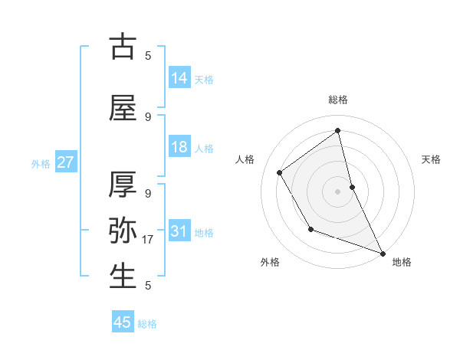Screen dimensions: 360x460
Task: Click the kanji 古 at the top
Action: click(x=123, y=47)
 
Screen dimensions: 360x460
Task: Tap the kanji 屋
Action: click(x=123, y=108)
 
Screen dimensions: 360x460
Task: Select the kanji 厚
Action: click(x=123, y=185)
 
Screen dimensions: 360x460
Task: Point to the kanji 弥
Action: click(x=123, y=231)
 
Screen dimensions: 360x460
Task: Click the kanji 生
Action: click(x=123, y=277)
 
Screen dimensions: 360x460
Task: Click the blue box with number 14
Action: click(x=179, y=78)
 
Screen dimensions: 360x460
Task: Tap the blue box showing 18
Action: click(x=179, y=148)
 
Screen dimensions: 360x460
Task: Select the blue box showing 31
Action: click(x=179, y=232)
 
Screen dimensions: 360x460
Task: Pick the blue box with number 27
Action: click(x=65, y=163)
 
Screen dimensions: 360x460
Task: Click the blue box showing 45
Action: click(x=123, y=323)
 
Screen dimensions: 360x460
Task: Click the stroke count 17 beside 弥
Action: click(x=149, y=240)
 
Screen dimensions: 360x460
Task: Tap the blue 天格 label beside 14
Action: click(x=204, y=79)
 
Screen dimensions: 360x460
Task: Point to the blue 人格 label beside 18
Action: click(x=204, y=149)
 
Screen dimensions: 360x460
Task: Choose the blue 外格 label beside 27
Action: click(x=41, y=164)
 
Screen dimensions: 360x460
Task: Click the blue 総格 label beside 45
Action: click(x=147, y=324)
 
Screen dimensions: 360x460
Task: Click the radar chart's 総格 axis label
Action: click(x=338, y=100)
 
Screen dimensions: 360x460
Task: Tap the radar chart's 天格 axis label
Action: click(x=432, y=159)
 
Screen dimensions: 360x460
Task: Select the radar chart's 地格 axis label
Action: click(x=402, y=262)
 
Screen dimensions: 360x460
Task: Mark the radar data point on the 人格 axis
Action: click(x=280, y=172)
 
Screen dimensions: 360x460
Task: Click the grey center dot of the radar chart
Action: click(x=337, y=191)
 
